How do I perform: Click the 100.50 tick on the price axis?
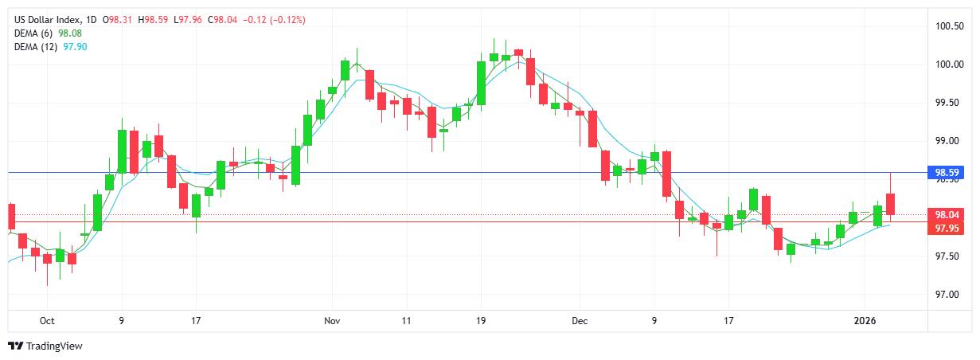coord(949,26)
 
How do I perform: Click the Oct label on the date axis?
coord(47,321)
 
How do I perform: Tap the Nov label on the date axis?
coord(333,321)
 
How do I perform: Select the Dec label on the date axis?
coord(580,321)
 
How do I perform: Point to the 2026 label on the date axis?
coord(865,321)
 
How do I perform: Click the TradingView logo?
coord(45,346)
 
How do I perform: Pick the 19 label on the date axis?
coord(480,321)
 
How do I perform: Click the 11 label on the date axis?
coord(406,321)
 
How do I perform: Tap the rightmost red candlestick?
coord(890,204)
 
